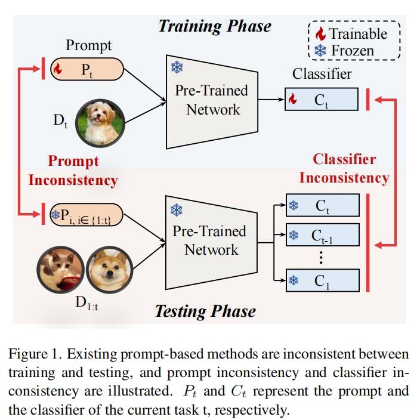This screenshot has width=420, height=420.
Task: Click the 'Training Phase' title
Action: [214, 26]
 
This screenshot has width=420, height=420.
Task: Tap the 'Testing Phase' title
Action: [205, 311]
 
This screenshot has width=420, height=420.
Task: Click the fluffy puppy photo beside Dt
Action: [99, 123]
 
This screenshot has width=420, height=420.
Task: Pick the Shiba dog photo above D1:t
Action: [109, 270]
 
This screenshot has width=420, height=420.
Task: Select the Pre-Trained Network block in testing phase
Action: [211, 240]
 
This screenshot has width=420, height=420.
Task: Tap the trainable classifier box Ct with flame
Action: [322, 100]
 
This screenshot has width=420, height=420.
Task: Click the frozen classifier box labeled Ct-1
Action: [323, 235]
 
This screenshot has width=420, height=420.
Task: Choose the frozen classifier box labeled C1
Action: [323, 280]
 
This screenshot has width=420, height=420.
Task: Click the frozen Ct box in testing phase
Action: [323, 206]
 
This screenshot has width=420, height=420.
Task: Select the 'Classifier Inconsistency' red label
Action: [344, 168]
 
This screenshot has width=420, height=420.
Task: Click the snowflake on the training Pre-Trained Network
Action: [177, 66]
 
